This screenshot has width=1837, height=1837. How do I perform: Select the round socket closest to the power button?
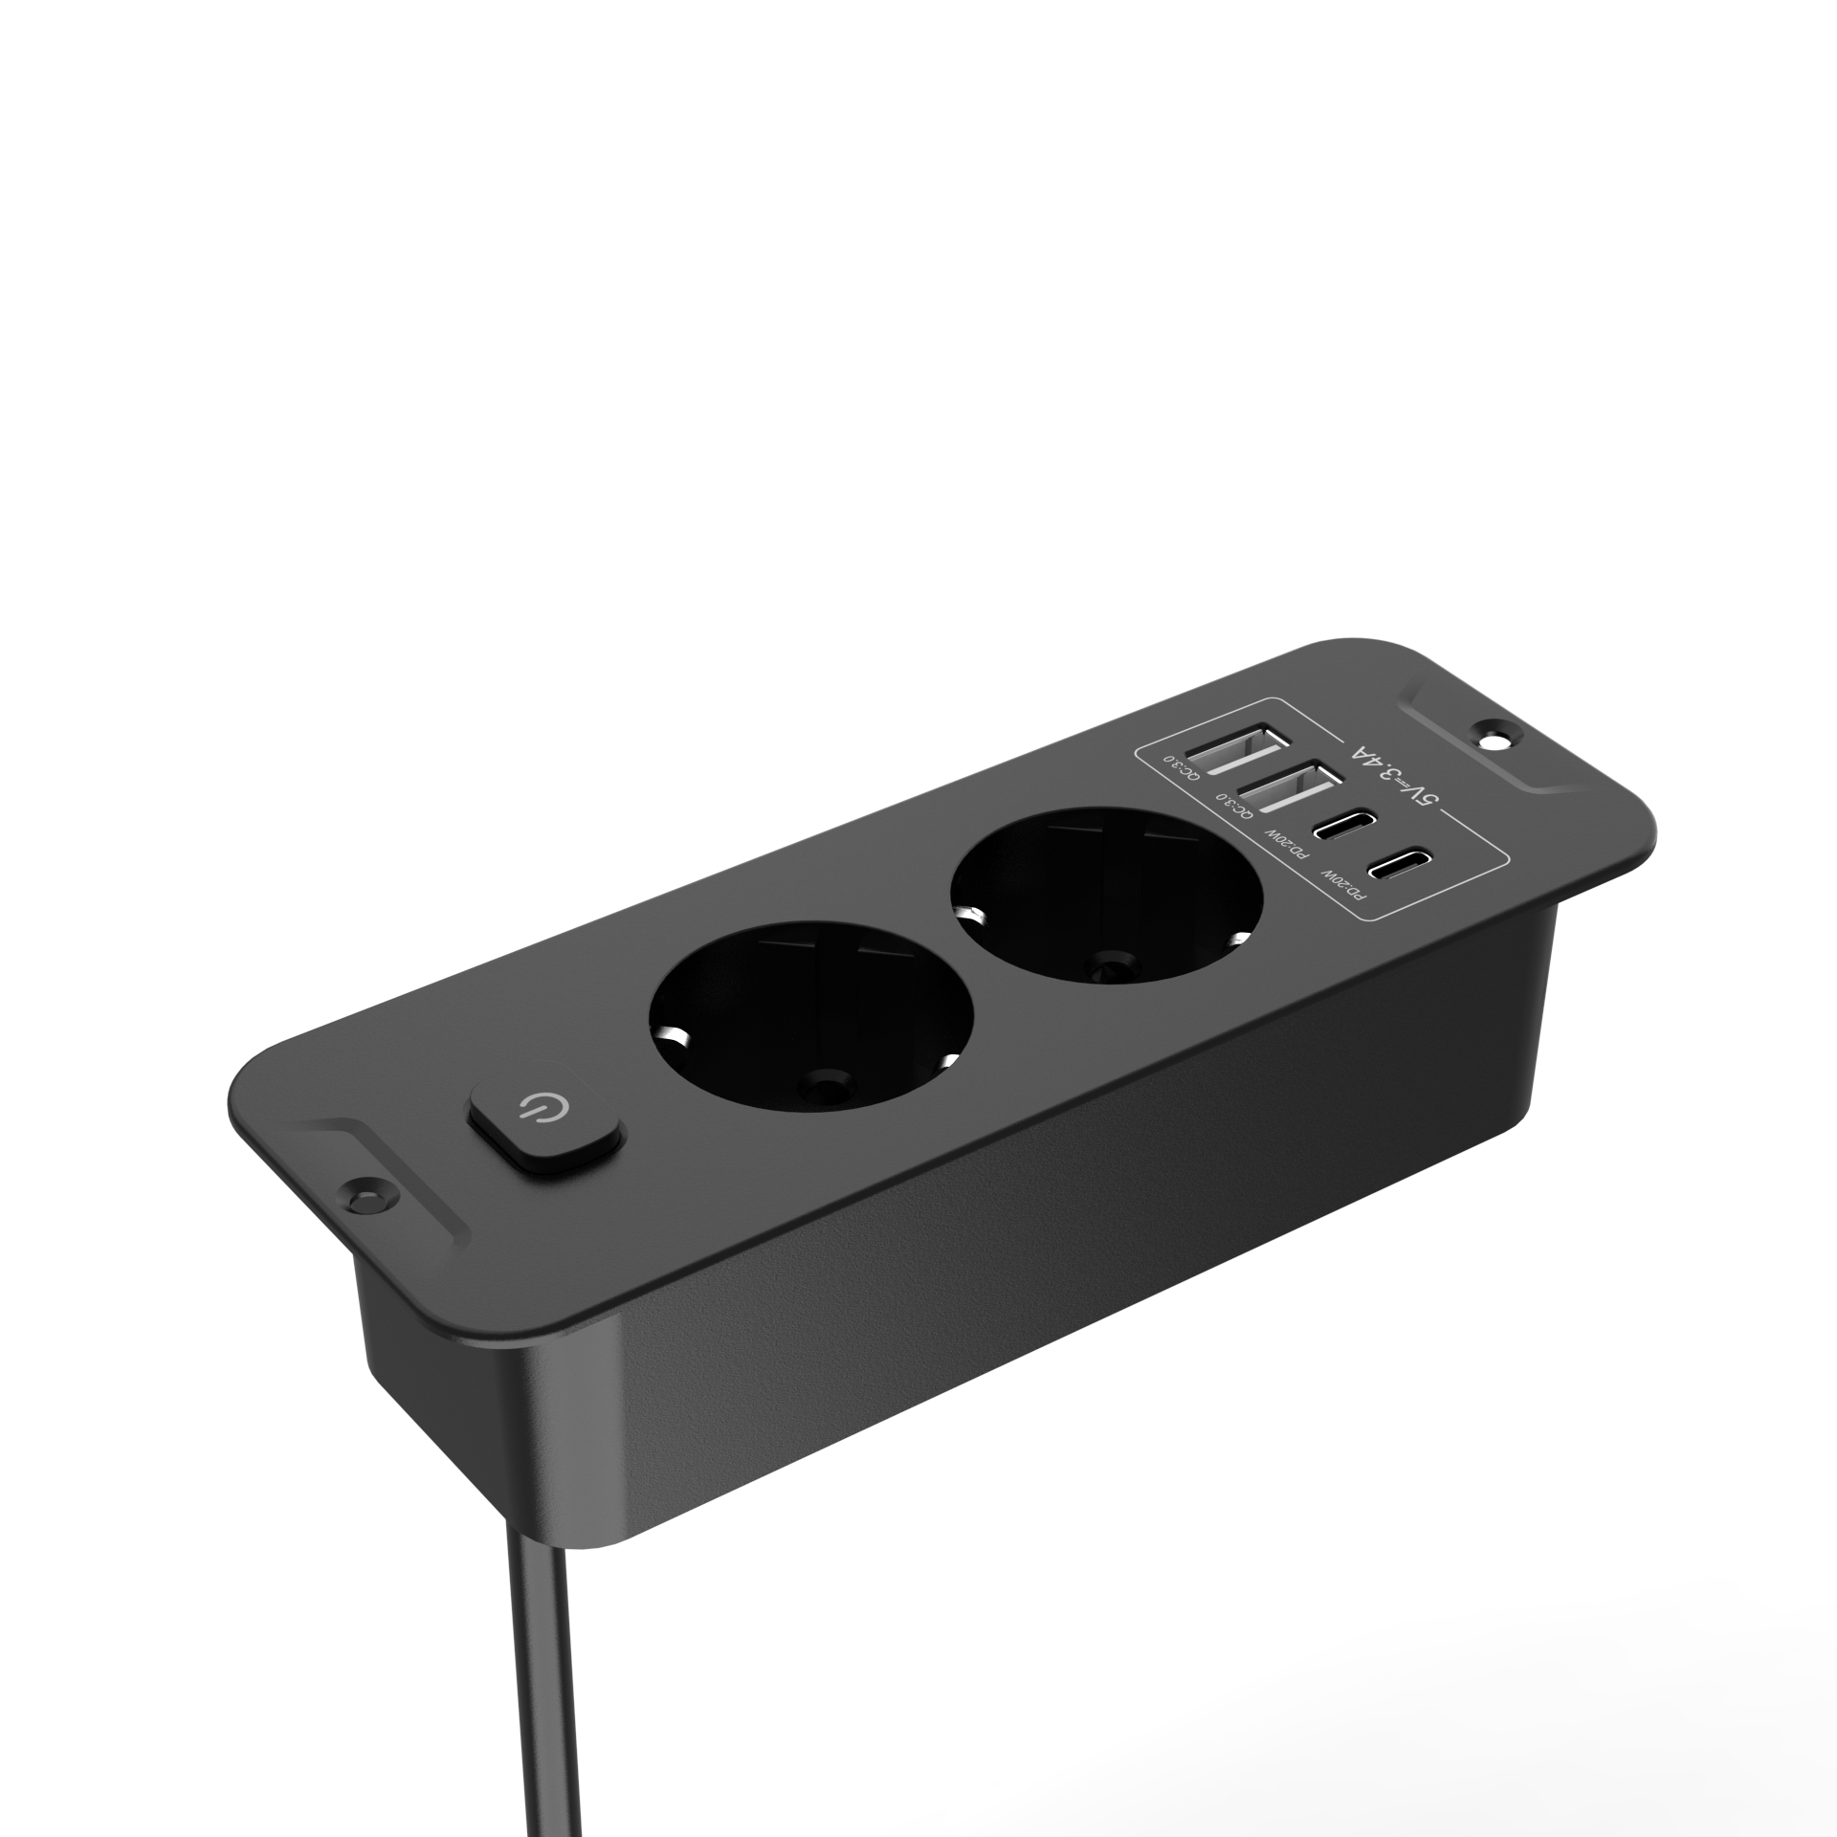[x=810, y=1020]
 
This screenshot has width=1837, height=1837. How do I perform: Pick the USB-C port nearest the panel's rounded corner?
[x=1397, y=866]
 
